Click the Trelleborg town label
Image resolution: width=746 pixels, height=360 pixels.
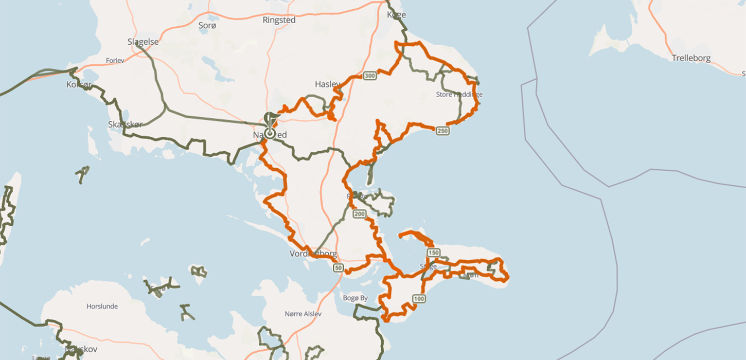point(691,58)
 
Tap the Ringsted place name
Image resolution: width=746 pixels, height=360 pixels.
point(279,20)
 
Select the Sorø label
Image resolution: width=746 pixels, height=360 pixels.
point(207,25)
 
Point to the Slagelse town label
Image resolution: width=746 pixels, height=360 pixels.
point(143,42)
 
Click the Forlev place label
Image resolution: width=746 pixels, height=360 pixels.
point(115,60)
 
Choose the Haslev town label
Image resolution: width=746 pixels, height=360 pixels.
point(328,84)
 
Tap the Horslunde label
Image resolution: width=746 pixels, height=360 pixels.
point(101,306)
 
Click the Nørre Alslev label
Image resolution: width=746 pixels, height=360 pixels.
point(303,314)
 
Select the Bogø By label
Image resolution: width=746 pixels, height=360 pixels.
point(355,298)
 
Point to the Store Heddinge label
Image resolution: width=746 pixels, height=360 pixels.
point(459,95)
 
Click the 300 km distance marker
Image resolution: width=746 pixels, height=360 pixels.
point(369,76)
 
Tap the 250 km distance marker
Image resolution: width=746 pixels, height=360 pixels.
point(442,131)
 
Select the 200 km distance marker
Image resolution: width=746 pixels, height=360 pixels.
point(359,213)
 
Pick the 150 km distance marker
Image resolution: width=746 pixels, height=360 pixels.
point(433,253)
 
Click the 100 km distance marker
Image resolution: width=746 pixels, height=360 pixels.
point(419,298)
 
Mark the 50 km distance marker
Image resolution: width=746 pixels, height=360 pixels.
point(338,267)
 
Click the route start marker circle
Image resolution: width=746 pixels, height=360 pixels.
point(270,134)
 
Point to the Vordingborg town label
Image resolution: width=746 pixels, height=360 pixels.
point(313,254)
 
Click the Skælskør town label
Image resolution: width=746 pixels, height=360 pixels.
point(125,124)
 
